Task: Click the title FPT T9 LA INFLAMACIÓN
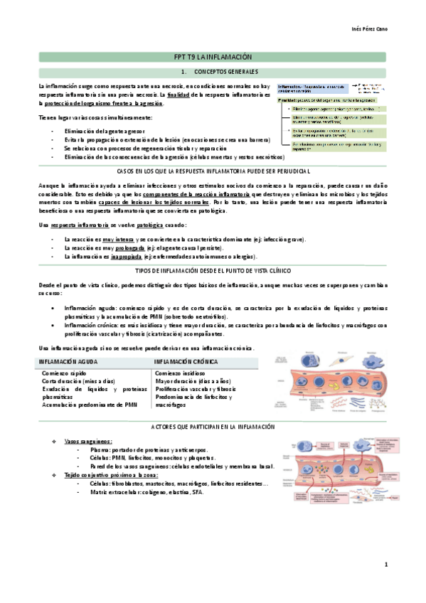(213, 57)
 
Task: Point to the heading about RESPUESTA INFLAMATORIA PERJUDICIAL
(213, 173)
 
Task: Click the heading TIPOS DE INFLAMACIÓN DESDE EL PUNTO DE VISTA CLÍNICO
(213, 271)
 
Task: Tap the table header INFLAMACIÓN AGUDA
(68, 362)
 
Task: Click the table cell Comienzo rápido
(65, 373)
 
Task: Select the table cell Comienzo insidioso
(181, 373)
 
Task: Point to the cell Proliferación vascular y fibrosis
(195, 389)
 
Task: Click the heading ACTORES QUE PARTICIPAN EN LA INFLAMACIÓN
(213, 425)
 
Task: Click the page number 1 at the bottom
(385, 565)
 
